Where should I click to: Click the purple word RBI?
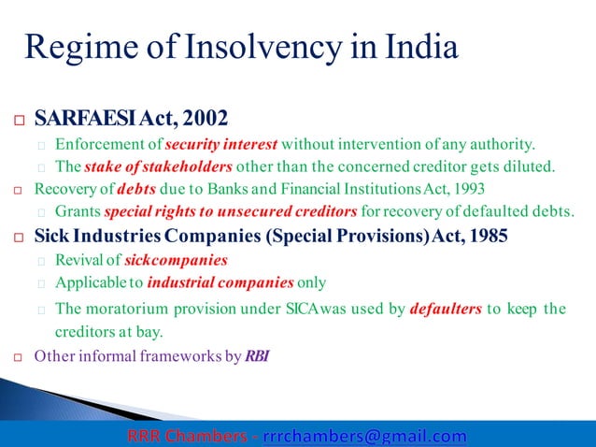[258, 355]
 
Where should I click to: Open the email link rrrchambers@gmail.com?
[364, 436]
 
